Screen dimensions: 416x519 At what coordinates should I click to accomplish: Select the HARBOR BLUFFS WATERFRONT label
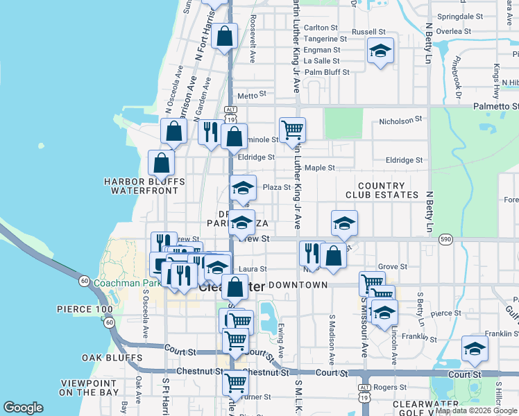[x=145, y=186]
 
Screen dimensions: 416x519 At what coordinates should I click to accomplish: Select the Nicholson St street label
[x=400, y=122]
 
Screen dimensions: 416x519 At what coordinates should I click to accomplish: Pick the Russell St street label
[x=368, y=32]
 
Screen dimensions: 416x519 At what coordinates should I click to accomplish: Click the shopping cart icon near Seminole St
[x=292, y=129]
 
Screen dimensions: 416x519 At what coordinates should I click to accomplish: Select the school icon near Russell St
[x=380, y=51]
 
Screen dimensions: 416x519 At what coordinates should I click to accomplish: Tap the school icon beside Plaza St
[x=243, y=188]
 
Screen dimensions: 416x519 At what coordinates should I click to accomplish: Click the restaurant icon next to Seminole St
[x=210, y=131]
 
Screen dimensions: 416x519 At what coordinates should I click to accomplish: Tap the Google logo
[x=24, y=408]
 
